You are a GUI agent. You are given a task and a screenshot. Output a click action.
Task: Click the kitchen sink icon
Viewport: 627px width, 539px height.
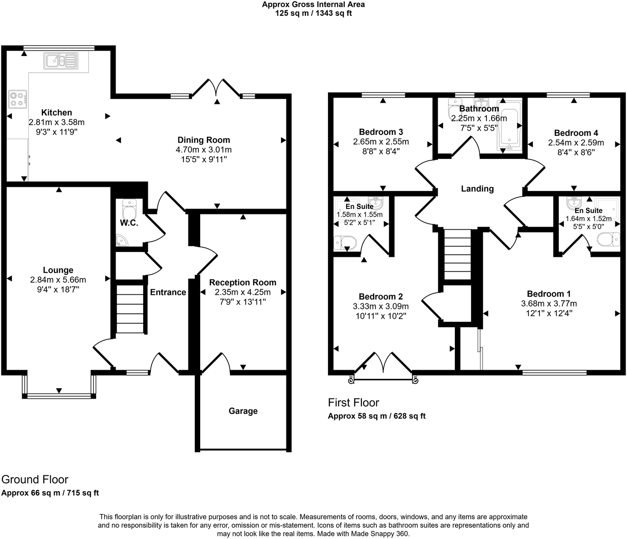(61, 60)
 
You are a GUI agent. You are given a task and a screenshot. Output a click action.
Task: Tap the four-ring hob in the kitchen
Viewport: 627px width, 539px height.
(18, 99)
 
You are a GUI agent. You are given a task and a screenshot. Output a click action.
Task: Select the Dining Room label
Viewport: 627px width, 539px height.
(203, 140)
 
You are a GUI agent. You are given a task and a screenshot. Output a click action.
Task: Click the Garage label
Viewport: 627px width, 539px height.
(243, 411)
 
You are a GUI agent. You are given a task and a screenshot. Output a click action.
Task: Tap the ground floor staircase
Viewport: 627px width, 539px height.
(130, 309)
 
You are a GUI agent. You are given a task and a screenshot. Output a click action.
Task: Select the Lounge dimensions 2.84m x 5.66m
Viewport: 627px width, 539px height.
(58, 280)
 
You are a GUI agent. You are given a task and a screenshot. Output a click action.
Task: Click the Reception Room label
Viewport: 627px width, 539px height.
(243, 283)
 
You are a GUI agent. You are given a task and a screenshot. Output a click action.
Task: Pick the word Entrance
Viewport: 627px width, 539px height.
(168, 292)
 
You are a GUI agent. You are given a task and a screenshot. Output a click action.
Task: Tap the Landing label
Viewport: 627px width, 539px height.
(477, 189)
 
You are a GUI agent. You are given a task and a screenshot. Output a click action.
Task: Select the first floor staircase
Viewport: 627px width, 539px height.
(458, 255)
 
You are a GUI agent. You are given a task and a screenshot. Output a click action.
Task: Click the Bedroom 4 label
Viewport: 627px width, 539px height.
(576, 133)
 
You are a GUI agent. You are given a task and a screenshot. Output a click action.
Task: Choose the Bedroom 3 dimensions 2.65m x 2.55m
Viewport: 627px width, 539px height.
(381, 142)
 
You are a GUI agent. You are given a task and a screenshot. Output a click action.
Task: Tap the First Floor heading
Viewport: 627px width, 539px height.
(353, 402)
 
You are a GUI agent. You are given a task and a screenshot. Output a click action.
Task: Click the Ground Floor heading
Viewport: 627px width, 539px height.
(35, 479)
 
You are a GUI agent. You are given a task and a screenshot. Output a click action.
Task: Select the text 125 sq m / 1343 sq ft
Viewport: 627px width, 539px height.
(313, 13)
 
